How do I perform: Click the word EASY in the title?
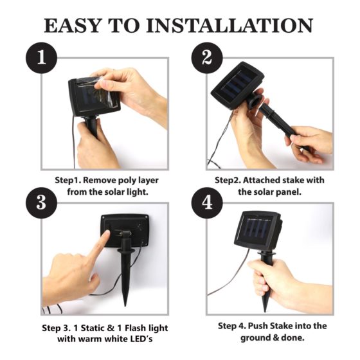click(x=72, y=26)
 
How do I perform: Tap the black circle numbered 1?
click(x=41, y=58)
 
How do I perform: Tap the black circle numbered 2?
click(x=207, y=58)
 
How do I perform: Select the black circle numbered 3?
click(x=41, y=203)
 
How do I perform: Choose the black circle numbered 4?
click(x=207, y=203)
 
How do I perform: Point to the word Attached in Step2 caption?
click(x=261, y=180)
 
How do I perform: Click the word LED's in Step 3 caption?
click(x=141, y=339)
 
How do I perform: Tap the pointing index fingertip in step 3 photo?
click(x=106, y=234)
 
